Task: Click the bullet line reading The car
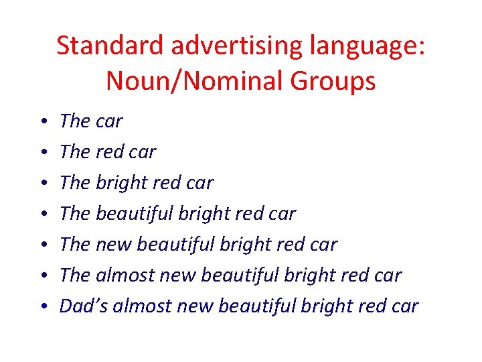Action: (x=91, y=121)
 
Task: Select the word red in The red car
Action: (x=110, y=152)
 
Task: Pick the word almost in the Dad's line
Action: (x=139, y=306)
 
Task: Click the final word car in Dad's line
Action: (x=404, y=306)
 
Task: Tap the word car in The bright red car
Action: (x=199, y=182)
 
